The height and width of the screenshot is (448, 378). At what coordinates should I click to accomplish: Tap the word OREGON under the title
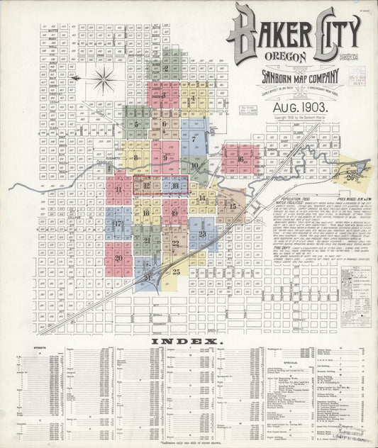click(286, 57)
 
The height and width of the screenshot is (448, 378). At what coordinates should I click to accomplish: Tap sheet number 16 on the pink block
click(240, 159)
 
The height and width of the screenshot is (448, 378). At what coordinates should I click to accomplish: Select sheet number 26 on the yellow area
click(350, 178)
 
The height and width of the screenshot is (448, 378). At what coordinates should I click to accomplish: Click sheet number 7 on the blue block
click(193, 140)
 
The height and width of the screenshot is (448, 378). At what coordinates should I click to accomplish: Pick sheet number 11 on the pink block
click(118, 190)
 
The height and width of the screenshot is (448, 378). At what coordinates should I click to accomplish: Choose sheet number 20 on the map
click(118, 258)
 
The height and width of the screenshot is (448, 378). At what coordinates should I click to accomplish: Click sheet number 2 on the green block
click(165, 69)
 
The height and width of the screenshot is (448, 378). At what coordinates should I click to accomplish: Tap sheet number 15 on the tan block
click(232, 206)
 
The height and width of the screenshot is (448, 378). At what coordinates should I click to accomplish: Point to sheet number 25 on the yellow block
click(177, 271)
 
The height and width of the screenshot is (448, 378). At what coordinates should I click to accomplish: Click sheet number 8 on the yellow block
click(135, 157)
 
